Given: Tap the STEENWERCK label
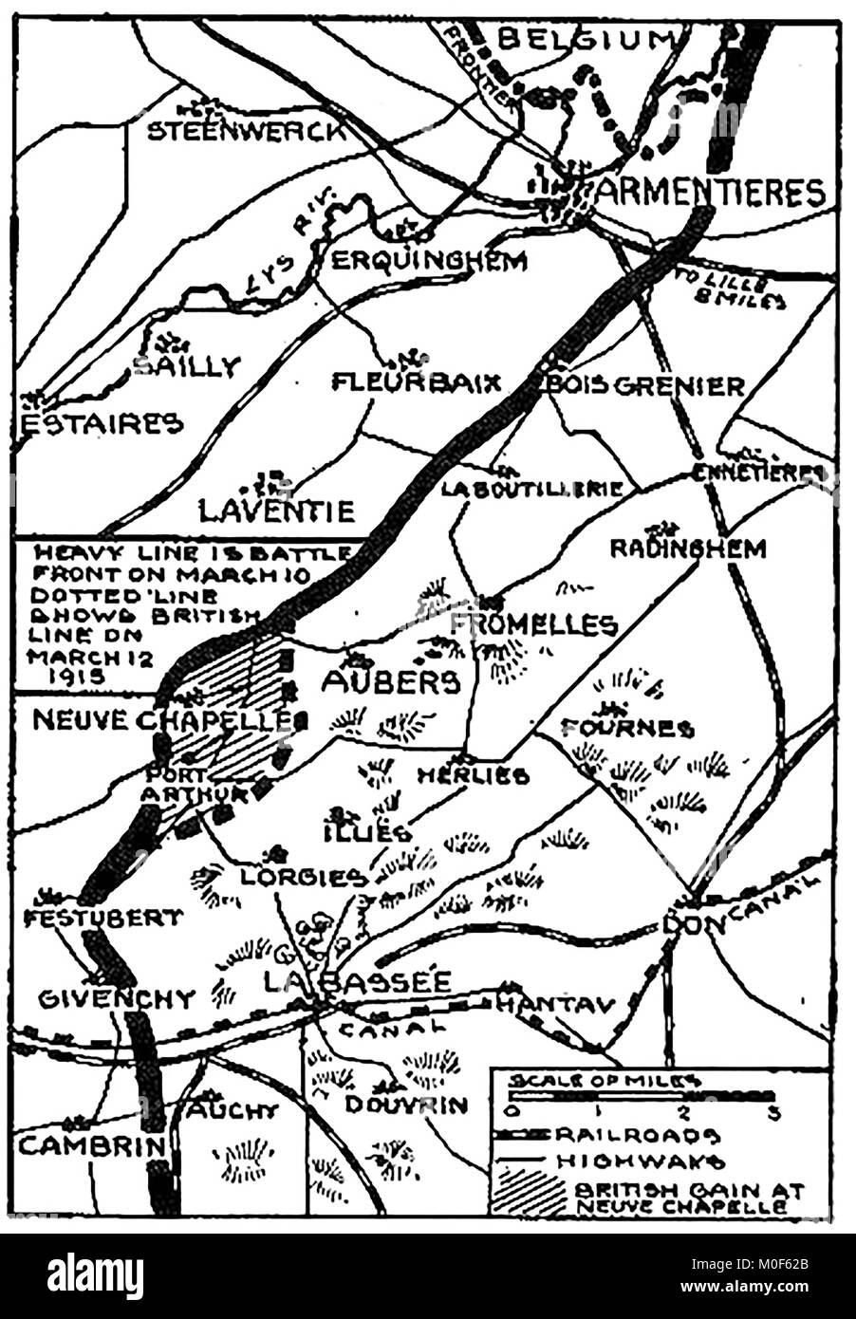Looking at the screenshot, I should click(247, 131).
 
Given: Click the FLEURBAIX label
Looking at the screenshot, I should click(415, 382).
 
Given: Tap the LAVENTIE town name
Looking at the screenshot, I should click(276, 511).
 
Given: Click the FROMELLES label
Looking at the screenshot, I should click(533, 624).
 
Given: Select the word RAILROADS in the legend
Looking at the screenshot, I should click(639, 1135).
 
